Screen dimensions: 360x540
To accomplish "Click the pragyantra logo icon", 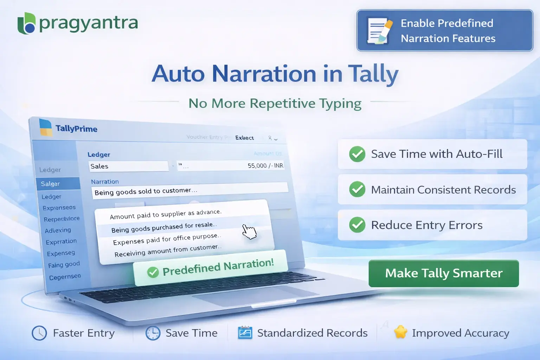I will click(x=27, y=23).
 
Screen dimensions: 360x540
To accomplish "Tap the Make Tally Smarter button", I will click(x=444, y=274).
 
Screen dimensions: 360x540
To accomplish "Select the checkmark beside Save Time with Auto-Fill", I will click(x=357, y=154).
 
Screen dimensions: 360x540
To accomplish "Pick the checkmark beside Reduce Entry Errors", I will click(x=357, y=225).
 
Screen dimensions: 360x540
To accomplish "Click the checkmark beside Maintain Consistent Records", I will click(x=357, y=189).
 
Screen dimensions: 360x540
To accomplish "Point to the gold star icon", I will click(x=400, y=332).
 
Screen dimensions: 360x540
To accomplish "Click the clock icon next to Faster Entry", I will click(x=39, y=333).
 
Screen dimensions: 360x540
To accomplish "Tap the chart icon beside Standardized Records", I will click(x=245, y=333).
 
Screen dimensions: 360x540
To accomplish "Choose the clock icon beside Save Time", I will click(x=153, y=333).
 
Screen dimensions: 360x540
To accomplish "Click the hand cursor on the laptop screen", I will click(x=249, y=232).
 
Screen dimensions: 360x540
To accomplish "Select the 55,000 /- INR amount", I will click(x=265, y=166).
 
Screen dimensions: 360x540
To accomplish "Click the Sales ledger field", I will click(x=128, y=166).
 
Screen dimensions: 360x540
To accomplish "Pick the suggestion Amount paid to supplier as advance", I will click(x=166, y=214).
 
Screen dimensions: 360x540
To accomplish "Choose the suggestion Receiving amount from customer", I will click(x=168, y=250).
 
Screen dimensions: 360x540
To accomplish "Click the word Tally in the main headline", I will click(x=373, y=74).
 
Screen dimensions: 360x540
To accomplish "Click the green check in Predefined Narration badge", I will click(x=153, y=272).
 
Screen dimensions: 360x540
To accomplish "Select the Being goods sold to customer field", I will click(x=190, y=191).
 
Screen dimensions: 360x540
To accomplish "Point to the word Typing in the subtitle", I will click(x=340, y=104).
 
